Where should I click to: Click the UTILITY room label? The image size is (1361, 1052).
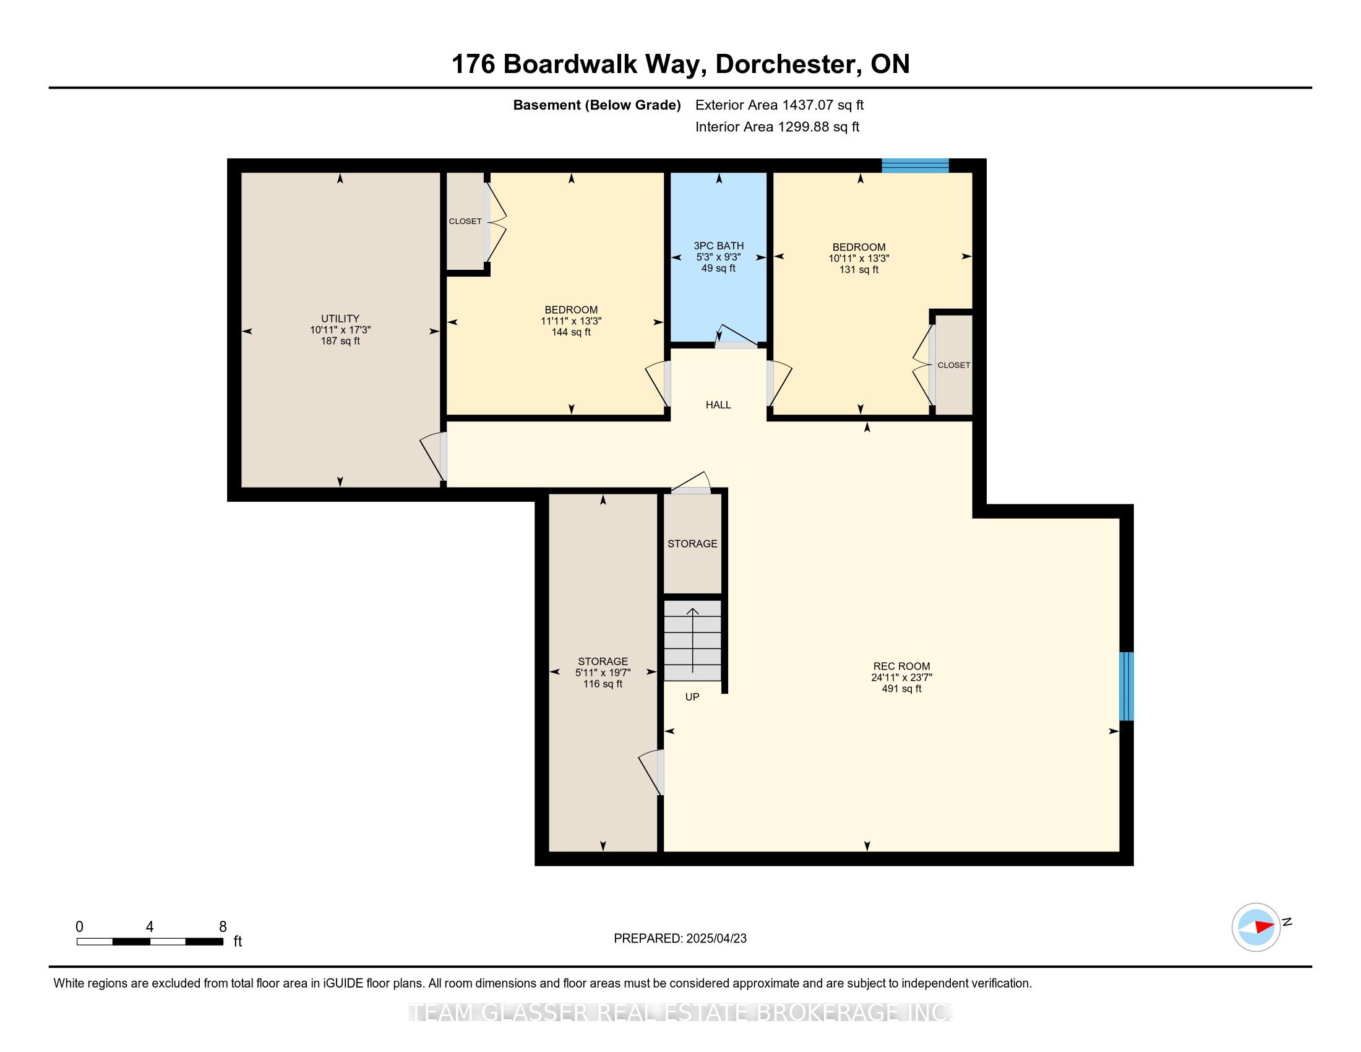[x=340, y=319]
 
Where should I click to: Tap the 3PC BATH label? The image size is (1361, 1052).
[x=718, y=246]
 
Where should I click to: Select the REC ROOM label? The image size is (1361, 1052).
[x=901, y=666]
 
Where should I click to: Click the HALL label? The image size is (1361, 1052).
[x=718, y=405]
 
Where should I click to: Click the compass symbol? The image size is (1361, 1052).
[x=1256, y=927]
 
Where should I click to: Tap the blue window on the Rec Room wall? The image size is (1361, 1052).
[x=1127, y=686]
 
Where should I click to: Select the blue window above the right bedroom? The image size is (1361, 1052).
[x=916, y=165]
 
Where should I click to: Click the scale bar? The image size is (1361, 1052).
[x=150, y=941]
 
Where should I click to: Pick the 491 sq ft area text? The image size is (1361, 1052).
[x=901, y=689]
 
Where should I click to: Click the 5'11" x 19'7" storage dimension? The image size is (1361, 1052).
[x=603, y=673]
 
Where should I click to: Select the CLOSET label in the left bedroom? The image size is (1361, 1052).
[x=465, y=222]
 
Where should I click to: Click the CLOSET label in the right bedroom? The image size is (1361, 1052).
[x=954, y=365]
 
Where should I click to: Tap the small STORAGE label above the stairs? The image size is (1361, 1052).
[x=692, y=543]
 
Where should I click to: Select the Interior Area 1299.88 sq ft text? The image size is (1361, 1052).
[x=777, y=127]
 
